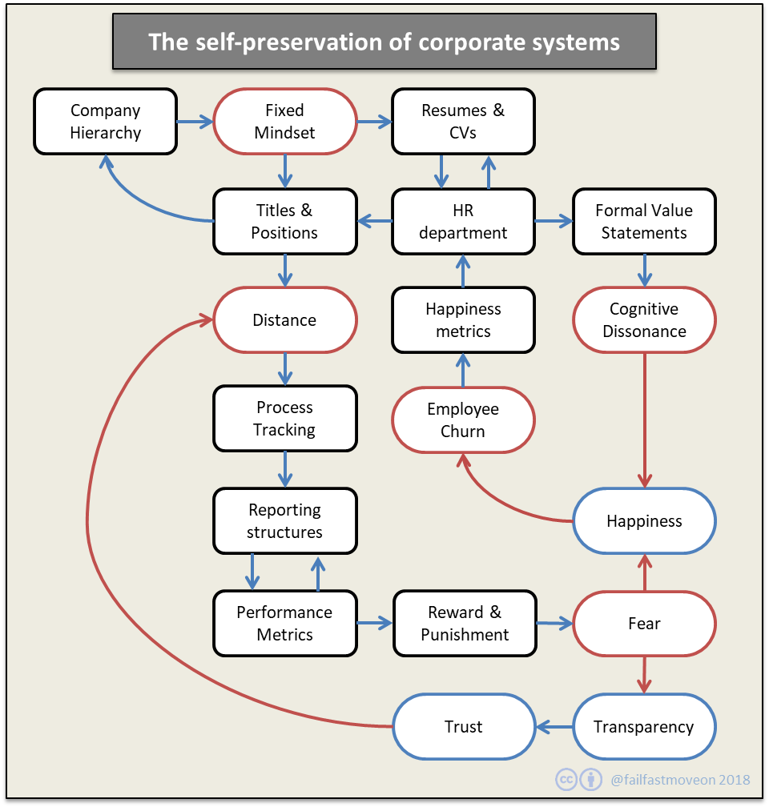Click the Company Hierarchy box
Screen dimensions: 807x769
tap(105, 122)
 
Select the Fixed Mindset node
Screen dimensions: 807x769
tap(284, 122)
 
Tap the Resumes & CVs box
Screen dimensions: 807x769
tap(463, 122)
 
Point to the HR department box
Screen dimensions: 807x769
tap(463, 222)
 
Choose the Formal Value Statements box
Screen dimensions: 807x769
tap(644, 222)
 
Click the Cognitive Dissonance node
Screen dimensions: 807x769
tap(644, 320)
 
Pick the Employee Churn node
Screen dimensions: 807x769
tap(463, 420)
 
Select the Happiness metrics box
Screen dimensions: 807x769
tap(463, 320)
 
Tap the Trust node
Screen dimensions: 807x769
tap(463, 727)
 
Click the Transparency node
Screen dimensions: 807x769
tap(644, 727)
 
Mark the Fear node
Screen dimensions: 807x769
tap(644, 624)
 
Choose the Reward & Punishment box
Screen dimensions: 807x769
tap(465, 624)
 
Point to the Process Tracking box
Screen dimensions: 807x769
tap(284, 419)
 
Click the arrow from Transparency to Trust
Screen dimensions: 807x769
tap(554, 727)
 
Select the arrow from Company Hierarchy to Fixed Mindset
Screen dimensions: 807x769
tap(195, 122)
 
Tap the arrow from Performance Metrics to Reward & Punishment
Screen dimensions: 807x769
tap(375, 623)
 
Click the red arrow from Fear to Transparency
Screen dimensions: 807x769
tap(644, 674)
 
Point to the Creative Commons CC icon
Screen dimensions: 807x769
tap(567, 779)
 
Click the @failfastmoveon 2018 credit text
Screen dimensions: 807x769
tap(680, 779)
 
